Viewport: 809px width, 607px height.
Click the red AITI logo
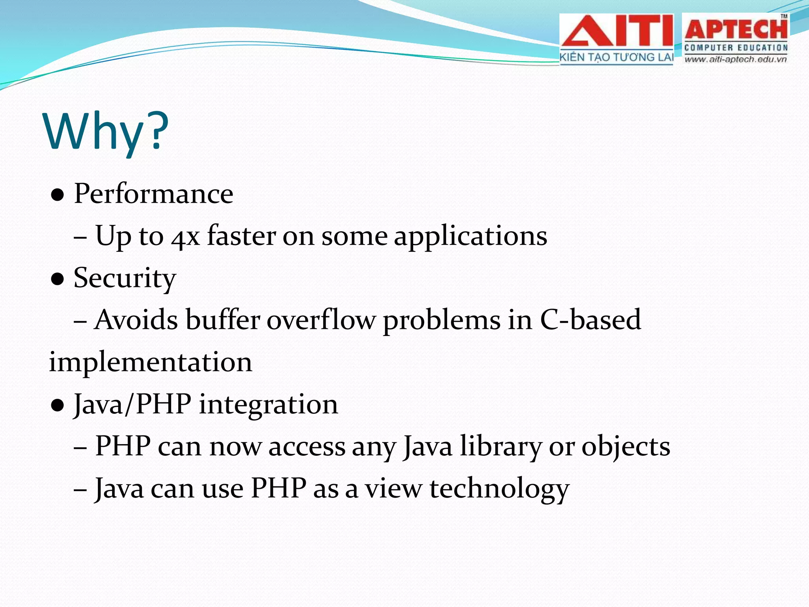617,32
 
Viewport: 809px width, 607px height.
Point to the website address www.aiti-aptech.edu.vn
736,60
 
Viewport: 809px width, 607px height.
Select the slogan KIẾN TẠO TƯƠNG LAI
616,57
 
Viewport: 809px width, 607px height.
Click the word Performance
154,194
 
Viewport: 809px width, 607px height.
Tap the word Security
125,278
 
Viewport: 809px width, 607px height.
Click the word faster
242,236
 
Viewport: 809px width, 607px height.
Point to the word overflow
321,320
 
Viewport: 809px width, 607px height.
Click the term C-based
590,320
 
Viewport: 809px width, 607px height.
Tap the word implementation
150,362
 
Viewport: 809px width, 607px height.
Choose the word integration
269,405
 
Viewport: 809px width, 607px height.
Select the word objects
626,447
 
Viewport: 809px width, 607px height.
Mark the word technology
499,489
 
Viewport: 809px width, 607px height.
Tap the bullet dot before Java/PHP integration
58,405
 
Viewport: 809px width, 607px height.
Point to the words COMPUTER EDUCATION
736,48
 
